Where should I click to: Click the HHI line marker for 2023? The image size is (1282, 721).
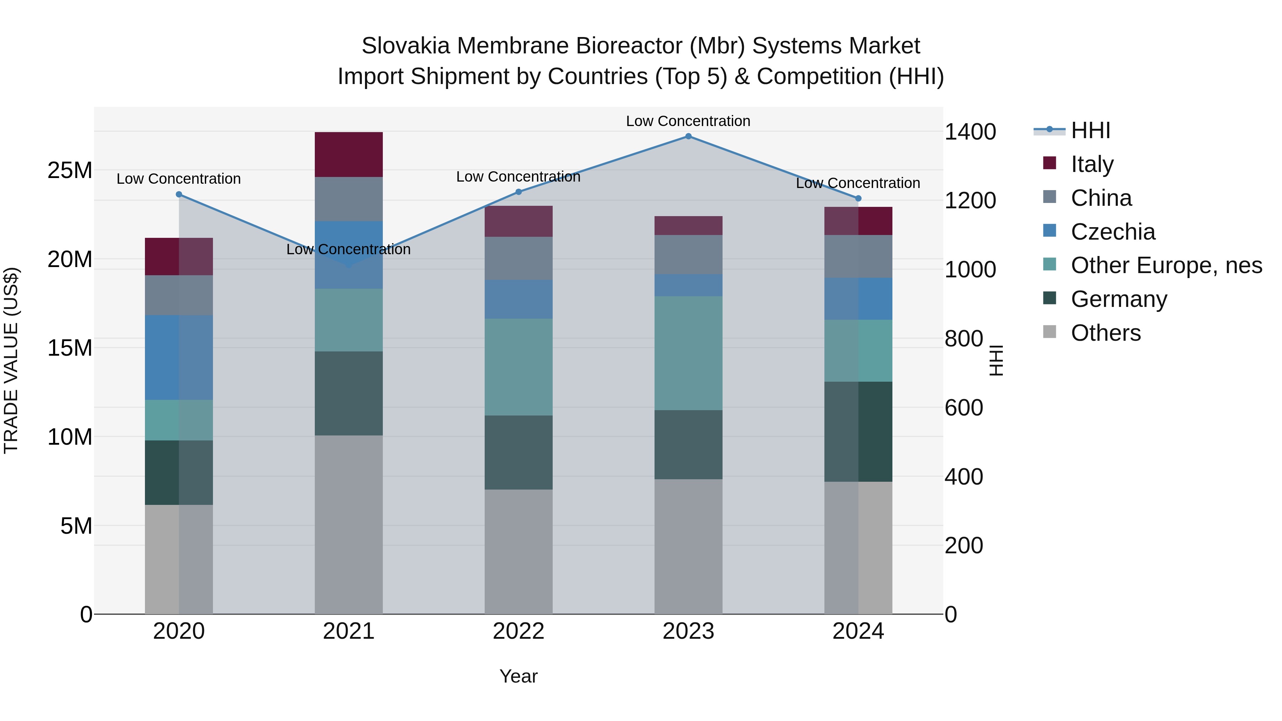(x=688, y=136)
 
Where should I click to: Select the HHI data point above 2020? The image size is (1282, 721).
(x=179, y=194)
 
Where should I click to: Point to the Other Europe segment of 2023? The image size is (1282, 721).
(x=688, y=353)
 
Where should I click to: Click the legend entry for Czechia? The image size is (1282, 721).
(x=1113, y=232)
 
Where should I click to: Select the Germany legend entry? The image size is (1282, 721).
(x=1119, y=299)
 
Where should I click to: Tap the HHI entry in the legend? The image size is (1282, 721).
(x=1090, y=130)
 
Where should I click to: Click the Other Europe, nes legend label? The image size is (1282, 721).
(x=1166, y=265)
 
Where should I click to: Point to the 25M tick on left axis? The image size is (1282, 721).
(x=70, y=171)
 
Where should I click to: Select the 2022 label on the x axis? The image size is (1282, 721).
(x=518, y=631)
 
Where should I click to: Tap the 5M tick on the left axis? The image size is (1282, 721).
(x=76, y=526)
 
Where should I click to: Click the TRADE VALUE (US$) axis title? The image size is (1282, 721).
(x=11, y=360)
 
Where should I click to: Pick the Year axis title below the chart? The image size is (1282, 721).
(x=518, y=676)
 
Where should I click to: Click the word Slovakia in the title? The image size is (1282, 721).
(x=406, y=46)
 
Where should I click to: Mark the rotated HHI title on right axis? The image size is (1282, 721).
(x=996, y=360)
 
